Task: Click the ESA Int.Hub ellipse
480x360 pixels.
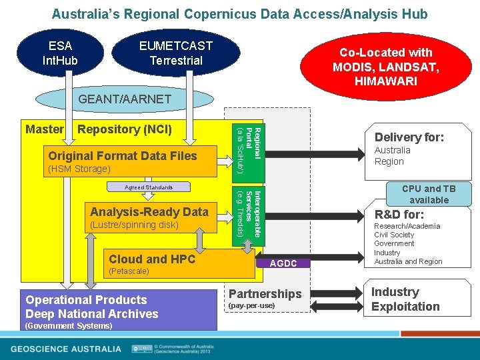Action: pos(60,53)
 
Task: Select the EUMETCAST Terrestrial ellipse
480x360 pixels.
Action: pos(175,53)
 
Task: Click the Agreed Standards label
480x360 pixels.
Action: pos(149,188)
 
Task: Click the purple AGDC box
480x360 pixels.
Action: pos(283,263)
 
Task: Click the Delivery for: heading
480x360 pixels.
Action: pos(409,137)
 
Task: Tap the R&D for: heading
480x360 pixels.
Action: pos(399,215)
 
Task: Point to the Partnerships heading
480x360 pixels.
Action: pos(265,294)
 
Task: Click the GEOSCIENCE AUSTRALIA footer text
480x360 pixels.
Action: pos(66,349)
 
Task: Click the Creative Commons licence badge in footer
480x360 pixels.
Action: pos(141,348)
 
